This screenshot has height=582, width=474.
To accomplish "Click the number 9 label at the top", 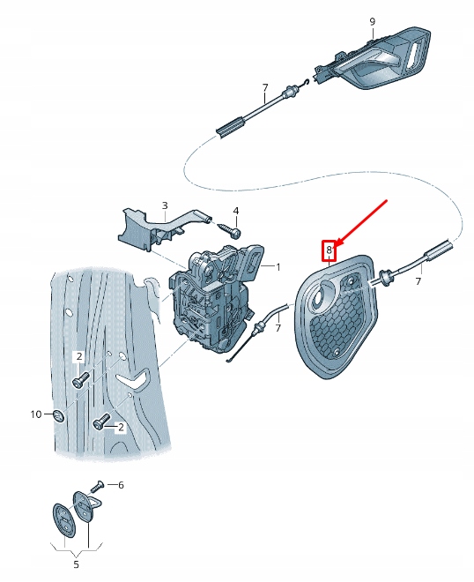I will (372, 20).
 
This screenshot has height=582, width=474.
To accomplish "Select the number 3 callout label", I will (164, 205).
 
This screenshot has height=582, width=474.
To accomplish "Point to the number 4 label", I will (235, 211).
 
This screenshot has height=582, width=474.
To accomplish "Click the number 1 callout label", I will (277, 266).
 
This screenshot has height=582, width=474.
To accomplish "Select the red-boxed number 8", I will (330, 250).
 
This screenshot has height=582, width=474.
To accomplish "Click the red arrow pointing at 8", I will (361, 225).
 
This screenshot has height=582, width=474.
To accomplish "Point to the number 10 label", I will (35, 414).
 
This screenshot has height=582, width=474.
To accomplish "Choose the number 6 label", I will (121, 485).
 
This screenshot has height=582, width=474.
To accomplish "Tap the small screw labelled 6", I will (99, 484).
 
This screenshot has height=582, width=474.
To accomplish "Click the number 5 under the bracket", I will (75, 563).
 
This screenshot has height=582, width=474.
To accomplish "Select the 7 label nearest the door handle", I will (264, 88).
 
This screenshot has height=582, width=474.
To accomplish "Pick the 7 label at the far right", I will (418, 282).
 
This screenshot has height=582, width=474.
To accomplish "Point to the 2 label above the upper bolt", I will (78, 356).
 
